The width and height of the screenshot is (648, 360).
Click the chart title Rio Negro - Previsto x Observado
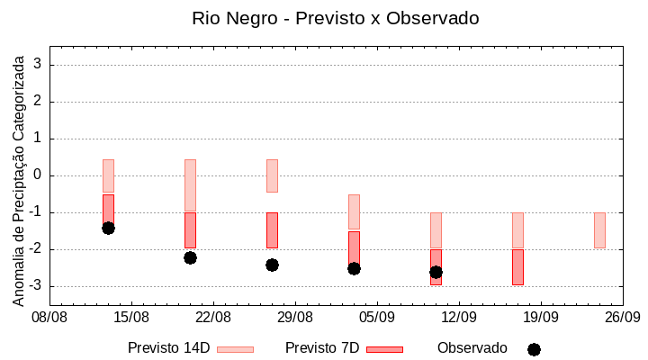pos(335,18)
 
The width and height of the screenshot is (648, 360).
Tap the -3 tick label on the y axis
pos(37,286)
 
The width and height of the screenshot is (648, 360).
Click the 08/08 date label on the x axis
pos(50,318)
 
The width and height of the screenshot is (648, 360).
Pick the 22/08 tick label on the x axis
pos(213,318)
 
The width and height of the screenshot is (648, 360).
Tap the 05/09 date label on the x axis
pos(377,318)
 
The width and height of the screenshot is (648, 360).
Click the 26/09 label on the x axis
pos(622,318)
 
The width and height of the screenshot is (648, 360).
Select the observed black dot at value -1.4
pos(108,228)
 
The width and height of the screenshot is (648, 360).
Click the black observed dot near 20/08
pos(190,257)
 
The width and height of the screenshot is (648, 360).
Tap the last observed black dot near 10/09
pos(436,272)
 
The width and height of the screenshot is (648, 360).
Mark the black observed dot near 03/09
pos(354,268)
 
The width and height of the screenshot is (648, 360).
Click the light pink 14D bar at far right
pos(599,230)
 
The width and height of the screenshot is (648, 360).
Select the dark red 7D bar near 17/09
pos(517,267)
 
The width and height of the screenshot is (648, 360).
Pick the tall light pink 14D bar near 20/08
pos(190,185)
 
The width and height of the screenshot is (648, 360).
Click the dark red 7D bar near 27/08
pos(272,230)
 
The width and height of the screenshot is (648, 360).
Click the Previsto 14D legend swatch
pos(235,349)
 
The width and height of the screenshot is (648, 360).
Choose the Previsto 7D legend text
pos(322,348)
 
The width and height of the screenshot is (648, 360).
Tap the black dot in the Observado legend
pos(534,349)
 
